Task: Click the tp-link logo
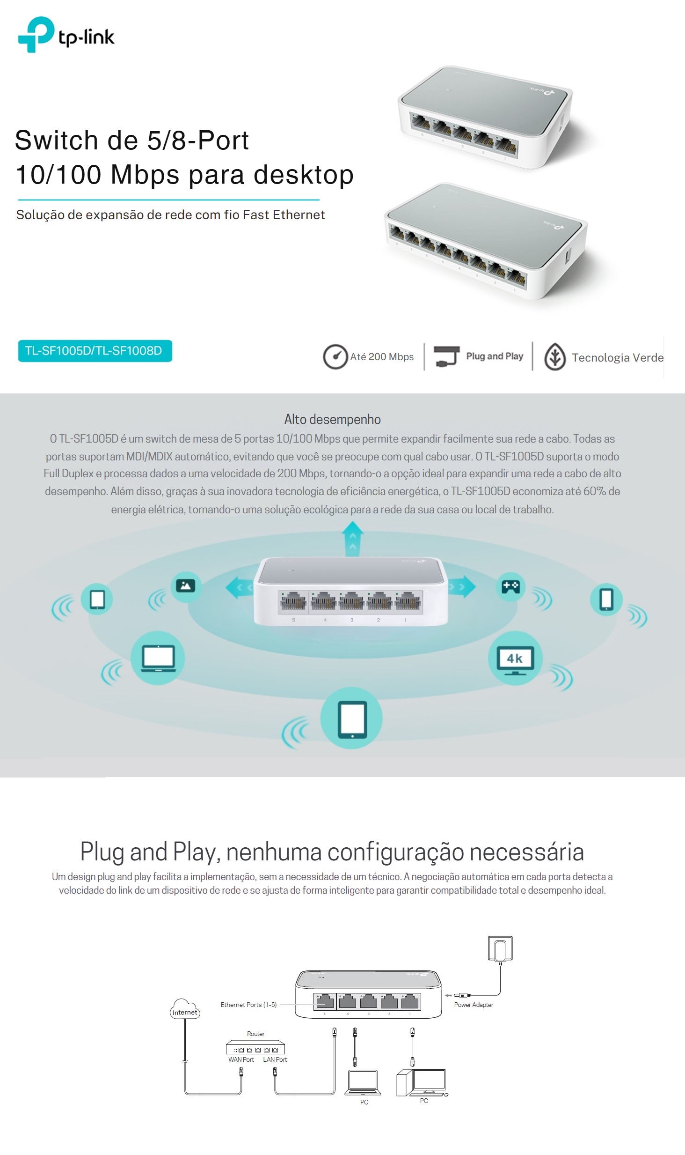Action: [66, 34]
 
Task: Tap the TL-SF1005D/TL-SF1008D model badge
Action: [95, 351]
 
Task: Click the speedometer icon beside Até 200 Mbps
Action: [335, 357]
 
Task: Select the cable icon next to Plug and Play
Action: [446, 356]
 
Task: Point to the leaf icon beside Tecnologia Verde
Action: [555, 357]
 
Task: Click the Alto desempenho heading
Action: [333, 419]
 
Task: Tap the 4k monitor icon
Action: [515, 659]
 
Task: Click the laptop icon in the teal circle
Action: [158, 658]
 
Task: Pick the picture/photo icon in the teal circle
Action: [186, 586]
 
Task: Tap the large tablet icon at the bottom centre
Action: [352, 718]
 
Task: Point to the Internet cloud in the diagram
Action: [185, 1009]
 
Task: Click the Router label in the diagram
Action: [255, 1034]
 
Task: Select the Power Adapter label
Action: [474, 1005]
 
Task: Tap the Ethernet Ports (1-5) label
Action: [248, 1005]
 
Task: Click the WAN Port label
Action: [241, 1059]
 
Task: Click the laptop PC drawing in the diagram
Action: [363, 1082]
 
